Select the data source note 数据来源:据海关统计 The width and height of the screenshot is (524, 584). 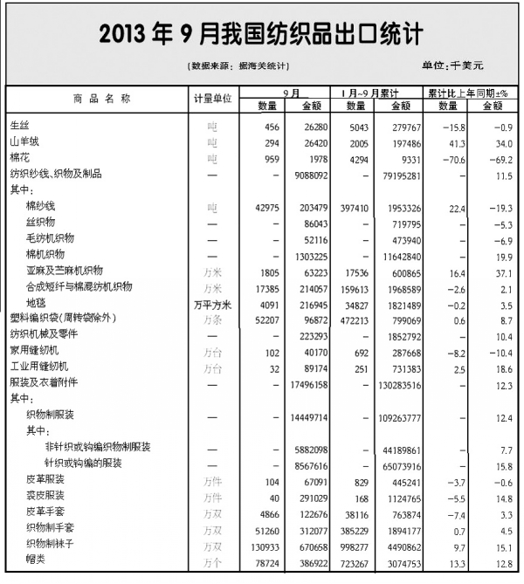238,66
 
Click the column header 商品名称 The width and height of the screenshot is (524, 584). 99,99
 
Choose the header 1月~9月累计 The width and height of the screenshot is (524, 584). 371,92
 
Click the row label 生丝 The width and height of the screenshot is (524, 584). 18,127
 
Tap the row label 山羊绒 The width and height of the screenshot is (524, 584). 24,141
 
